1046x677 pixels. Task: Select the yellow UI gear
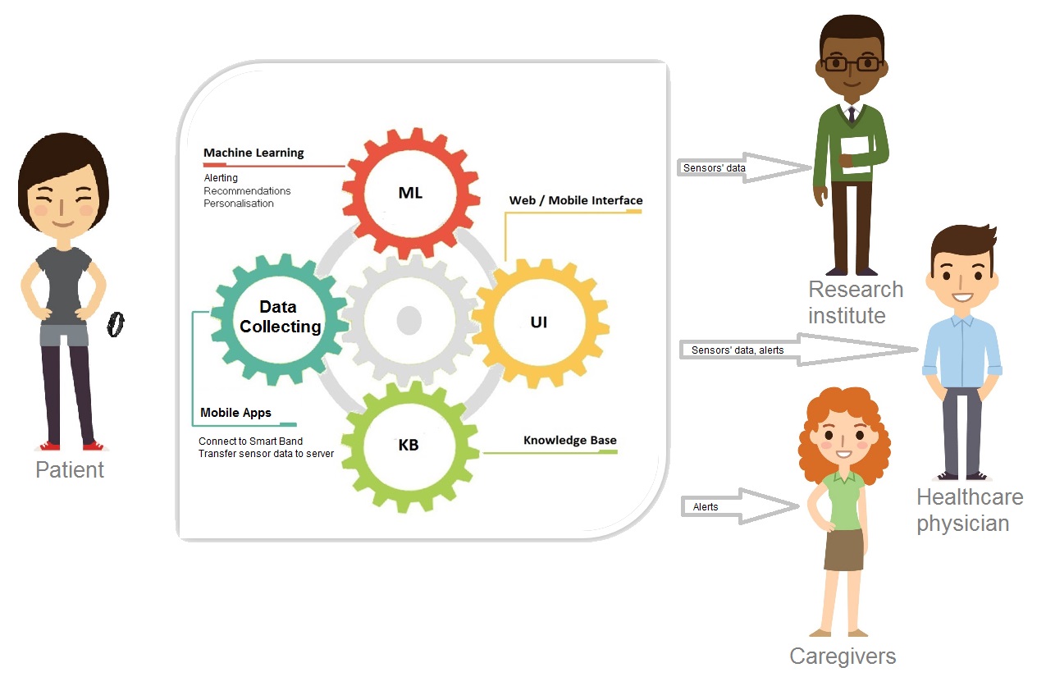[539, 322]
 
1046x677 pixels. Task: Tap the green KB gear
[409, 445]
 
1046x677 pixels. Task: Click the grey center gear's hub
[408, 320]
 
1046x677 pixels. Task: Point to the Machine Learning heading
[254, 153]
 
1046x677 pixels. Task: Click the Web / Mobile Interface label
[576, 200]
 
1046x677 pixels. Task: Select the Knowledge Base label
[569, 441]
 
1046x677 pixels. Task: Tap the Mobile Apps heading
[235, 413]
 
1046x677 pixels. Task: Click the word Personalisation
[239, 204]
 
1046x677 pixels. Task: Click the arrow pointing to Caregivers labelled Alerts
[738, 507]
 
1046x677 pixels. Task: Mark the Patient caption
[70, 470]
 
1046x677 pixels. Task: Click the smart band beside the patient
[116, 324]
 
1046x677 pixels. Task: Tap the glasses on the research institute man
[852, 64]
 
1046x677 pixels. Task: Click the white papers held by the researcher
[855, 154]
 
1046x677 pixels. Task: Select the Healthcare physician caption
[970, 510]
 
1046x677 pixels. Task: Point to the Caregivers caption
[843, 656]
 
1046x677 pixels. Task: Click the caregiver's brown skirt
[843, 549]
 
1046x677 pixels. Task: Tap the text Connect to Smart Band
[250, 441]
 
